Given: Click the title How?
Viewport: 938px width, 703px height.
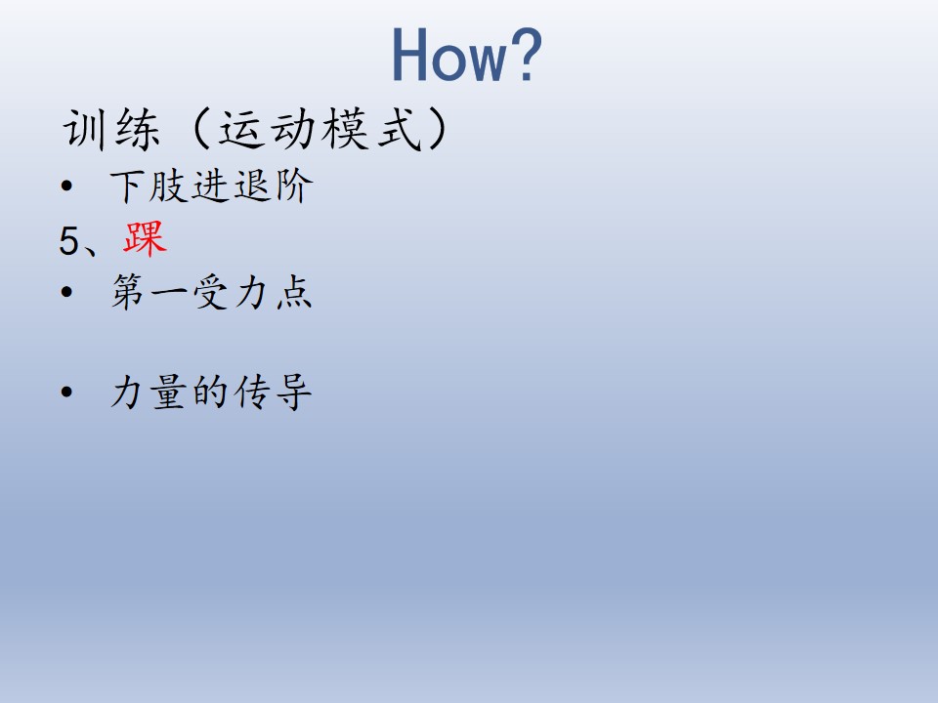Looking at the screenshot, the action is [x=467, y=55].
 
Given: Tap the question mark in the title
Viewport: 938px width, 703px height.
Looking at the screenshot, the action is [x=527, y=55].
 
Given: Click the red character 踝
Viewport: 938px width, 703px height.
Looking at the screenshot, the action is [x=145, y=239].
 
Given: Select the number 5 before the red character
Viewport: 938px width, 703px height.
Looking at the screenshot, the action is [x=68, y=241].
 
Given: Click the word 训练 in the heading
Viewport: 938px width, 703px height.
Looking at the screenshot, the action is [x=111, y=129].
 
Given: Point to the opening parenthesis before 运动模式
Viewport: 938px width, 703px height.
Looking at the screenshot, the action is [x=200, y=129].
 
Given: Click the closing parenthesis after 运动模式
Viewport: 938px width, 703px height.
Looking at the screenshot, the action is [x=438, y=129].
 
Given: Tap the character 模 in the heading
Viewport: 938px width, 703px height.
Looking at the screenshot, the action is [x=346, y=129].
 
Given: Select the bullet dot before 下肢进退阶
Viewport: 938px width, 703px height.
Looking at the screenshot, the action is [x=66, y=186].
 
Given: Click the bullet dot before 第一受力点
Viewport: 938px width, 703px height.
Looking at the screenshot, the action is [x=66, y=292].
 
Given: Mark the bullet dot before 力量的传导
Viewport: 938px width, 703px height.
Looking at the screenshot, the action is [x=66, y=393].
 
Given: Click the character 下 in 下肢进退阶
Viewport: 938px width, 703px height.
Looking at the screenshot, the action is [x=127, y=186].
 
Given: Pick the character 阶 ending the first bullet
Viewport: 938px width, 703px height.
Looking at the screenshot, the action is [x=294, y=186].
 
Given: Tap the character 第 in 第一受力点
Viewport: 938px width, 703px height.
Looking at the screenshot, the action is [x=127, y=292].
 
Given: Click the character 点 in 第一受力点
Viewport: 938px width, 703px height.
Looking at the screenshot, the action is [x=294, y=292].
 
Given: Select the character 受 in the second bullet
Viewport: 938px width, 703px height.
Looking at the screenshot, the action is [x=211, y=292].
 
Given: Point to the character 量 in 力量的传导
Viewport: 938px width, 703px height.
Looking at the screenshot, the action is [x=169, y=393].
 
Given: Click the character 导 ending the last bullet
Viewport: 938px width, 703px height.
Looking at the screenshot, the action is [x=294, y=393].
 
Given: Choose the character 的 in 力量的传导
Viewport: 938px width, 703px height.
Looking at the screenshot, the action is [x=211, y=393].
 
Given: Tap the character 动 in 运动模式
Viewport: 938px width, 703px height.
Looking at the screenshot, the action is [x=294, y=129].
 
